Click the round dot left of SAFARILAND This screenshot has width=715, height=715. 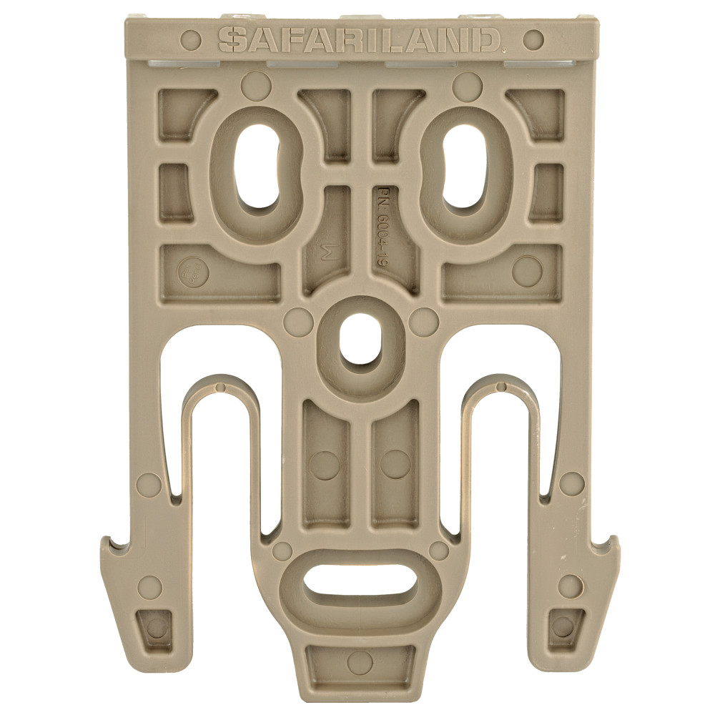[190, 39]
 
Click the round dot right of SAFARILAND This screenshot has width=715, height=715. [533, 39]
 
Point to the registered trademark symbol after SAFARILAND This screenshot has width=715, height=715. [505, 49]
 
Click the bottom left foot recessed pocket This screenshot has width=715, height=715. [155, 627]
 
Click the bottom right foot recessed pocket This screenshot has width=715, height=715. [563, 627]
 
